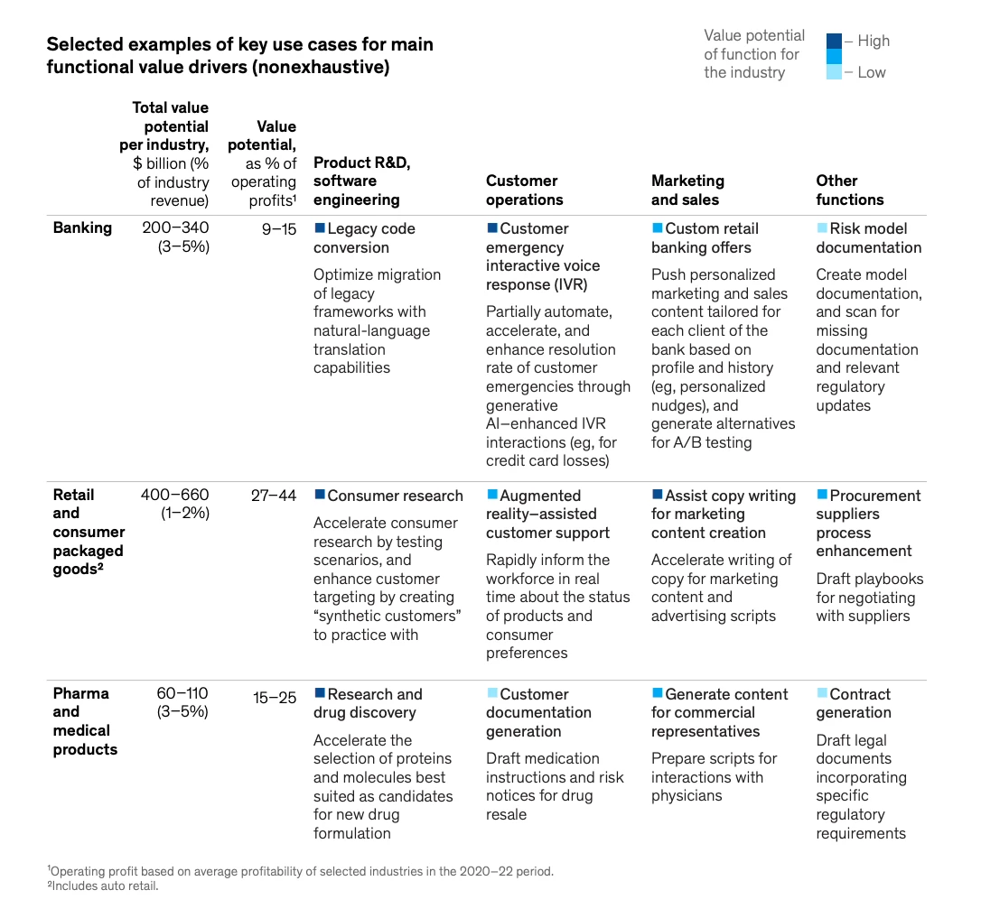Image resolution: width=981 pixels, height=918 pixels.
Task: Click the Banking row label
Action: coord(82,227)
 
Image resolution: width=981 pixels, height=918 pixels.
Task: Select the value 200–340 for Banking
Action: coord(175,227)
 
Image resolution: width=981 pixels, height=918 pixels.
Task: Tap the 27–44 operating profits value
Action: coord(274,496)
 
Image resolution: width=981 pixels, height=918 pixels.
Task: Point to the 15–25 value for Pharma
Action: coord(274,698)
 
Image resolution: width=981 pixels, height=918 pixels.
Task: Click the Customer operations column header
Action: coord(524,190)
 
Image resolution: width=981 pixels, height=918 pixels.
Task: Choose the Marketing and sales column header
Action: coord(687,190)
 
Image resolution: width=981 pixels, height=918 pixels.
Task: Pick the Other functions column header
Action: coord(850,190)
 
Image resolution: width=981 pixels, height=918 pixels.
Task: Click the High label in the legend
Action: coord(874,42)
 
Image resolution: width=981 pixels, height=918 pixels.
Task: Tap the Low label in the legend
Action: coord(872,72)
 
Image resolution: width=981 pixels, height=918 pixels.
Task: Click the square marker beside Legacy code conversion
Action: coord(320,227)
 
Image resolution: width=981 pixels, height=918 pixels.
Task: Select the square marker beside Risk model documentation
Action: coord(822,227)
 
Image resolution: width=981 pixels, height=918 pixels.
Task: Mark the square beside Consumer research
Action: coord(320,495)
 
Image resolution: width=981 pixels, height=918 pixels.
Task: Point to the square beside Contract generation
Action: coord(822,693)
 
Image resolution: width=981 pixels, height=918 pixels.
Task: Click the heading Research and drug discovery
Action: coord(368,703)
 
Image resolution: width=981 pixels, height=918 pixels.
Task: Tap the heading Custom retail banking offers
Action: coord(705,238)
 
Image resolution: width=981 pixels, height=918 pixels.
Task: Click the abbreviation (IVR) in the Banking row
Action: coord(570,284)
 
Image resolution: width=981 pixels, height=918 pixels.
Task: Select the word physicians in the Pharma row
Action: coord(687,796)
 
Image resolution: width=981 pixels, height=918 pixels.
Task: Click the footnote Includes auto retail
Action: coord(103,886)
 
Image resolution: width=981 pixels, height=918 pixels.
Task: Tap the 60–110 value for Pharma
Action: coord(182,693)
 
